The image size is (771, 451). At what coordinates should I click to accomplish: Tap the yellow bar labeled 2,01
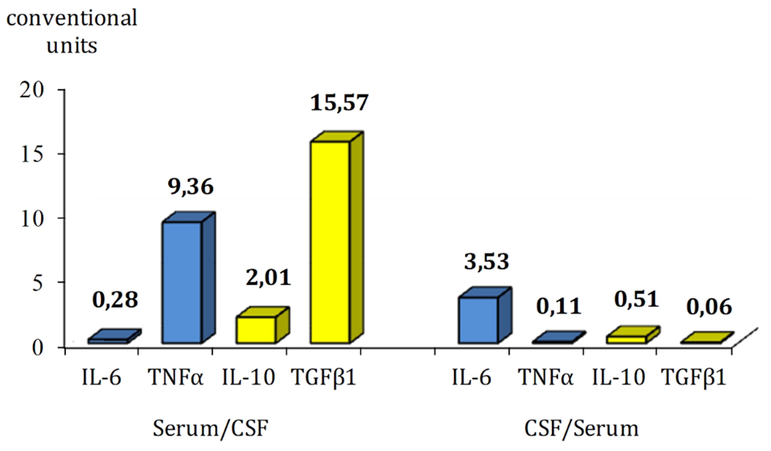[x=256, y=330]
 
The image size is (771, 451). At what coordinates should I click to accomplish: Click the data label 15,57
[x=339, y=103]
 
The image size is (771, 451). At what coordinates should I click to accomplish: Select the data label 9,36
[x=190, y=186]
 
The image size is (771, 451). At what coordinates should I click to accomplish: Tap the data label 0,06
[x=709, y=307]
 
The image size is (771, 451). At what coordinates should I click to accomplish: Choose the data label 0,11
[x=558, y=307]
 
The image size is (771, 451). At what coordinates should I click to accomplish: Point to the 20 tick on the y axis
[x=32, y=90]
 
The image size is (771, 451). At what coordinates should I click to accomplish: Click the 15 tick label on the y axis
[x=32, y=154]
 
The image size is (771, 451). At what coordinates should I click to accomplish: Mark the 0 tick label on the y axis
[x=37, y=348]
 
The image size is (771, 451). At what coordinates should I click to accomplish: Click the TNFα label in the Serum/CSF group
[x=176, y=377]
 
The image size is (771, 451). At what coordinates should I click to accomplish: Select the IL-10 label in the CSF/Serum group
[x=618, y=377]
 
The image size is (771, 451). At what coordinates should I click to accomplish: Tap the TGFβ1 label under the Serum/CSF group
[x=323, y=377]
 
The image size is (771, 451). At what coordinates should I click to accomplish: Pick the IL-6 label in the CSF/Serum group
[x=471, y=377]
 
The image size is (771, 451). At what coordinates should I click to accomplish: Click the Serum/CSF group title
[x=210, y=429]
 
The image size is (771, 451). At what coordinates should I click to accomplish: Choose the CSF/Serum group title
[x=581, y=429]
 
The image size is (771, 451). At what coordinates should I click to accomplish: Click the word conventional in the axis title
[x=72, y=18]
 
